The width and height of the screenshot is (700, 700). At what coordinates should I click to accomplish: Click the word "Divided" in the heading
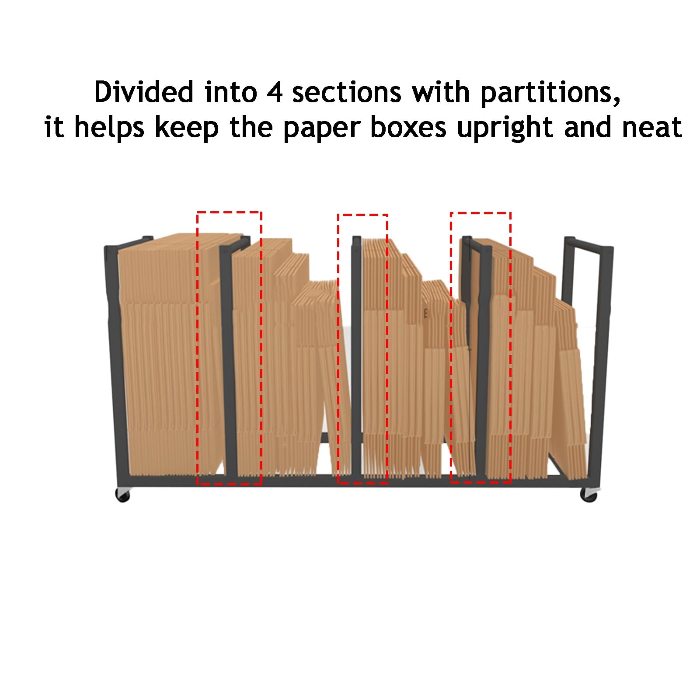[144, 92]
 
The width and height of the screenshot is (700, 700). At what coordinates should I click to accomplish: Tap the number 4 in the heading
[275, 92]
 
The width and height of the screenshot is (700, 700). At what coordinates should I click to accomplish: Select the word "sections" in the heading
[347, 92]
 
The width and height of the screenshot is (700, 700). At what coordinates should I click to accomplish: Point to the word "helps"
[109, 127]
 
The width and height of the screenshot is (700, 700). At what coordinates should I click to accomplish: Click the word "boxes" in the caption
[408, 127]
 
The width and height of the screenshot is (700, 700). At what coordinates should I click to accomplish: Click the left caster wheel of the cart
[123, 495]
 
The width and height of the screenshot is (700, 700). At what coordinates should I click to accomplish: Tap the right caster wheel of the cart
[589, 495]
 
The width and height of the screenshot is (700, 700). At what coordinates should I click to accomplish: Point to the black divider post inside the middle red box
[357, 356]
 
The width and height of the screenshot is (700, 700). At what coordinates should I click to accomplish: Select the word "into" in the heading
[230, 92]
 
